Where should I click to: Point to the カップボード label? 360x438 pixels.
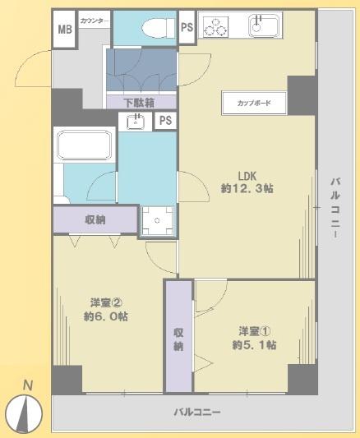point(254,104)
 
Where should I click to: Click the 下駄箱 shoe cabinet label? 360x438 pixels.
point(141,103)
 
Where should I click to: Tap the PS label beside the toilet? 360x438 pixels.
point(187,28)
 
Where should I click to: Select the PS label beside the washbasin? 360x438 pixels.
point(164,122)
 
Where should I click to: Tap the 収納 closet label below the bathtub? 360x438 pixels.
point(95,219)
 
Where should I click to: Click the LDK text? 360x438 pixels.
point(249,175)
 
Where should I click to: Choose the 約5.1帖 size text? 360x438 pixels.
point(253,344)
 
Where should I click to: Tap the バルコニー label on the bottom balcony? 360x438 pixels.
point(196,411)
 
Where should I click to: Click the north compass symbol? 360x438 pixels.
point(27,409)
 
